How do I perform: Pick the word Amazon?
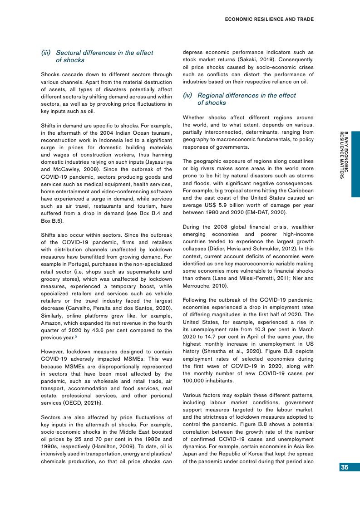point(51,323)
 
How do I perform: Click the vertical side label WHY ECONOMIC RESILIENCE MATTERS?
point(344,154)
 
